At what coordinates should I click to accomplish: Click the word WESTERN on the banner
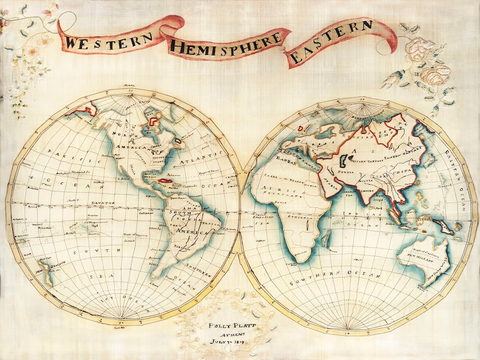(x=109, y=39)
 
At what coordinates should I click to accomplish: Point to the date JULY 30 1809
(x=226, y=342)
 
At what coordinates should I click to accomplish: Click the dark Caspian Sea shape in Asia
(x=344, y=160)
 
